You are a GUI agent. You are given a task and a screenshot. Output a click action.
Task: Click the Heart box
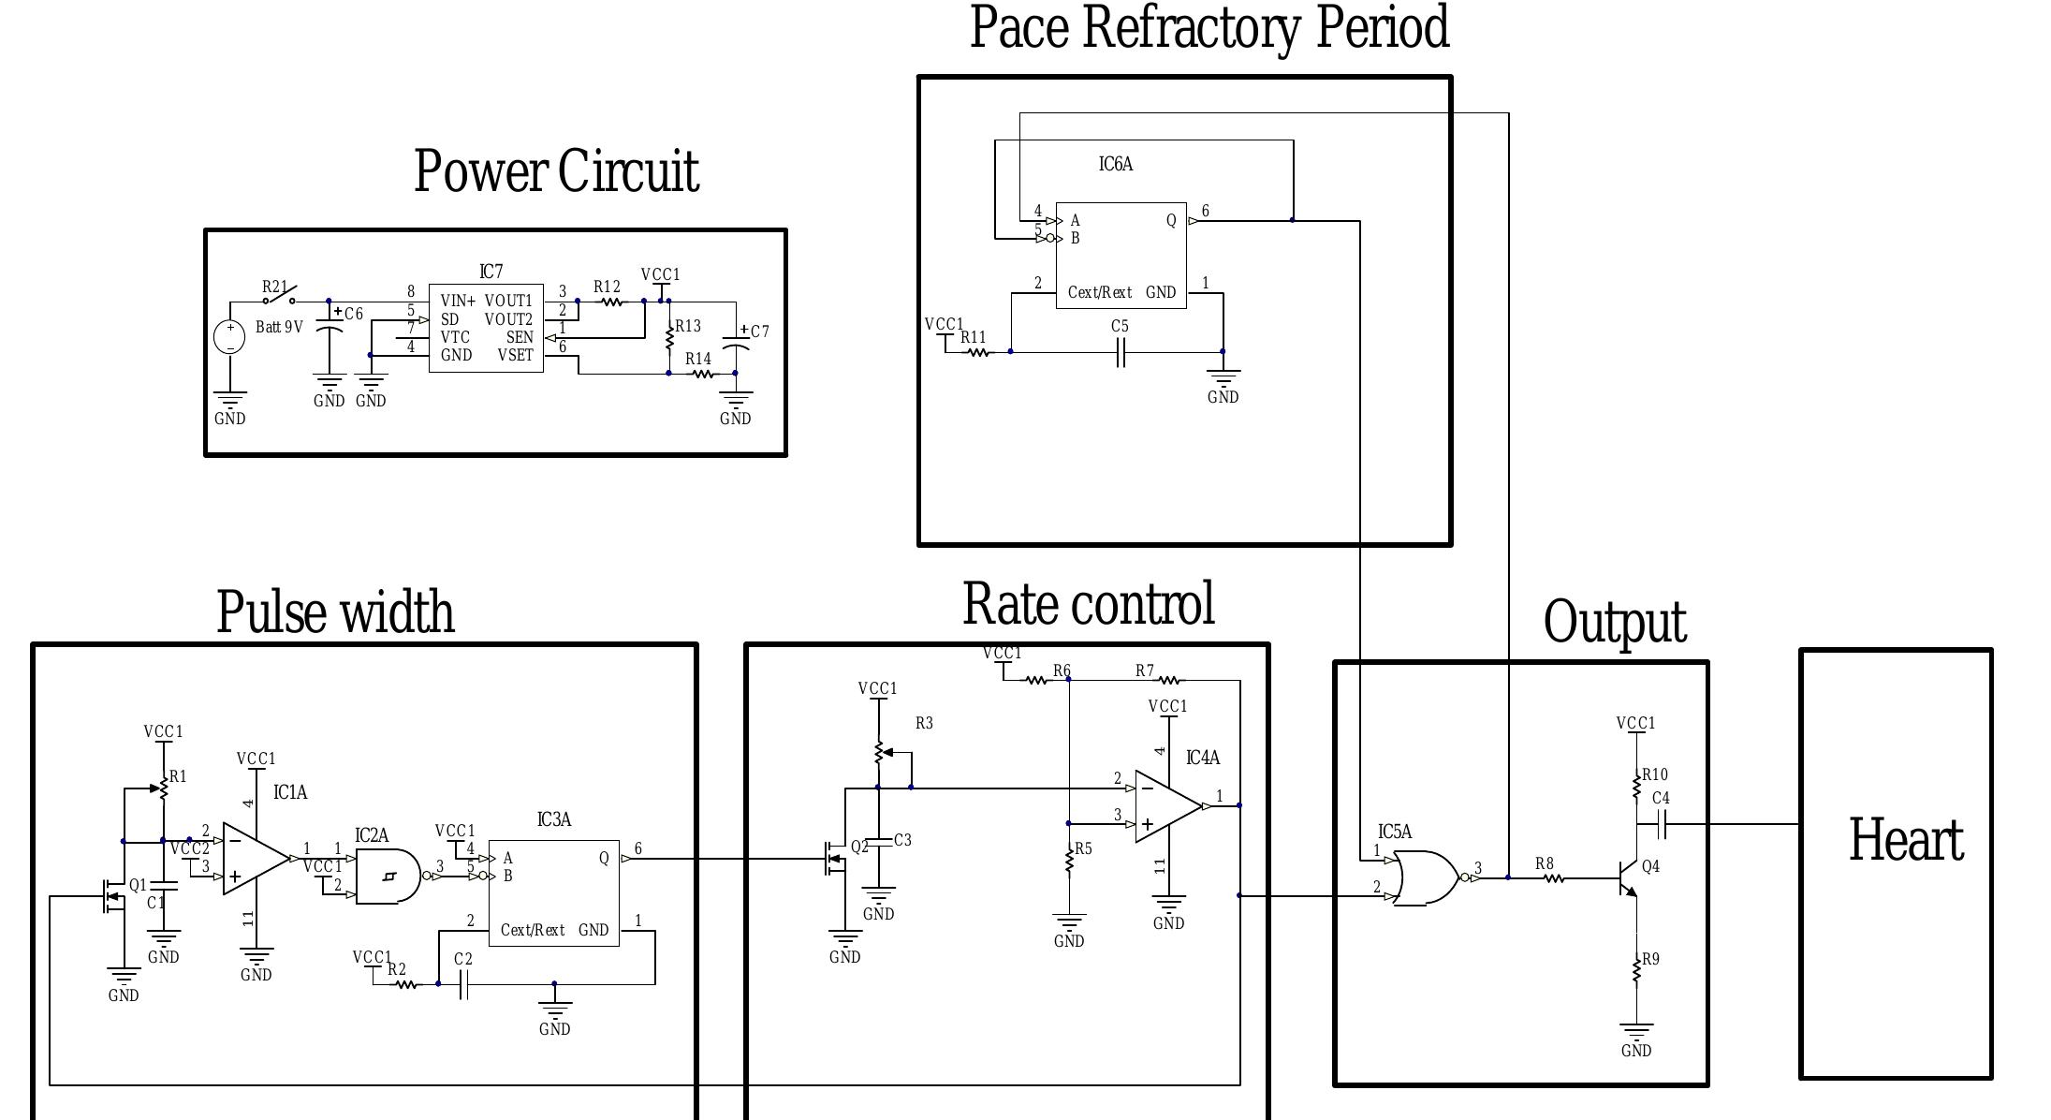tap(1896, 862)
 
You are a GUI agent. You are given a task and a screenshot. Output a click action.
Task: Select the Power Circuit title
tap(556, 171)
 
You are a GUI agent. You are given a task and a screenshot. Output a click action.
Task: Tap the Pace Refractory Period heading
tap(1209, 28)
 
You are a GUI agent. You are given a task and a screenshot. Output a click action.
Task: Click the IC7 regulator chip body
tap(486, 328)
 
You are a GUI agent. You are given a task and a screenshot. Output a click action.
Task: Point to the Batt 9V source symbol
tap(230, 336)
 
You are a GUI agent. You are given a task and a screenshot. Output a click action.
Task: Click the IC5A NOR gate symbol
tap(1425, 877)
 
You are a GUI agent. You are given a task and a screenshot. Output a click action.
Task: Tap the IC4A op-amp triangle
tap(1166, 806)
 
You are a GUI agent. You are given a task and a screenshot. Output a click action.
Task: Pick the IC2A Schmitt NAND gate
tap(388, 877)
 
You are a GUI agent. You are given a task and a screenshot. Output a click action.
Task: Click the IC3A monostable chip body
tap(553, 892)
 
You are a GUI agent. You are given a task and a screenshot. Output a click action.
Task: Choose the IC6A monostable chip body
tap(1121, 255)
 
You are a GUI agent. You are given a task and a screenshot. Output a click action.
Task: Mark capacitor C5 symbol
tap(1120, 353)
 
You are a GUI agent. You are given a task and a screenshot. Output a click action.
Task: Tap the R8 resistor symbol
tap(1554, 878)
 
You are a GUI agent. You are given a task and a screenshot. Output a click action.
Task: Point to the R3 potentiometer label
tap(924, 723)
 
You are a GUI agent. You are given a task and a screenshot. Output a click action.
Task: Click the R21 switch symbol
tap(279, 296)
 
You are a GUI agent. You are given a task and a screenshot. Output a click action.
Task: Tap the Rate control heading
tap(1088, 604)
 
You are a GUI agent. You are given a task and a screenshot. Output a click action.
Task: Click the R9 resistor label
tap(1650, 960)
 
